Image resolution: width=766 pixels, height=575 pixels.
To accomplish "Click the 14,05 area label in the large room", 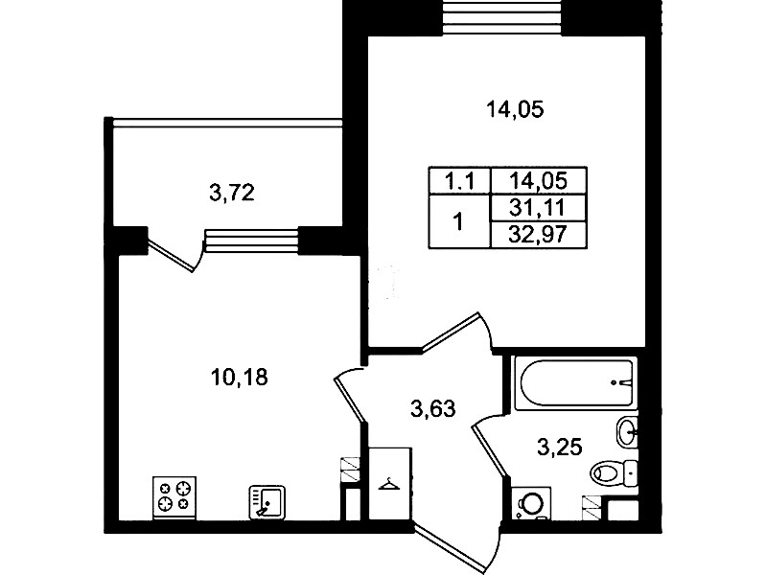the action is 515,109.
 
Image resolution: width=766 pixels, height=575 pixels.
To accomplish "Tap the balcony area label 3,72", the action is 232,194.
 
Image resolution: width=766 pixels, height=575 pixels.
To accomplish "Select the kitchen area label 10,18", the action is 240,378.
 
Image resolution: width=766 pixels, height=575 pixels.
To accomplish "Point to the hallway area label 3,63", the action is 433,409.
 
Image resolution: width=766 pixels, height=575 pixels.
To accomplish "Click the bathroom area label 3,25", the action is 560,447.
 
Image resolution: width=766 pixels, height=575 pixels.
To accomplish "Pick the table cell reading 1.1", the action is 460,181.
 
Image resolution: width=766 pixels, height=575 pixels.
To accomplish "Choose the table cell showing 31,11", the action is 538,208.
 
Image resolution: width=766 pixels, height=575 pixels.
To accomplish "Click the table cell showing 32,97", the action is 538,235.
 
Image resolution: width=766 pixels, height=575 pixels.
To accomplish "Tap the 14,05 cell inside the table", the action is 538,181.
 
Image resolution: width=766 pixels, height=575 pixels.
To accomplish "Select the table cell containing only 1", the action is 458,221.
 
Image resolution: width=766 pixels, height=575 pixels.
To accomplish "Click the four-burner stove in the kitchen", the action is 174,497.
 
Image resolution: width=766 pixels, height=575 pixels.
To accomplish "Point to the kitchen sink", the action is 267,501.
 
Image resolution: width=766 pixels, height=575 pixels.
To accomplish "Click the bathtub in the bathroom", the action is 576,383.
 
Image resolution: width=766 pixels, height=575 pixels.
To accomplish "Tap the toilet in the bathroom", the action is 615,472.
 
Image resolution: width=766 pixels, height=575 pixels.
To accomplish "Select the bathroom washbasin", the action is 627,431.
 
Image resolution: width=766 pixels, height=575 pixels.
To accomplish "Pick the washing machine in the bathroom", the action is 530,503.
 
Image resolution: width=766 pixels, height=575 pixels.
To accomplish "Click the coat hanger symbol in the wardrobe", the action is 389,484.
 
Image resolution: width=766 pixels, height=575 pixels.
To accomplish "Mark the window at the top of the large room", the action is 502,17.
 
